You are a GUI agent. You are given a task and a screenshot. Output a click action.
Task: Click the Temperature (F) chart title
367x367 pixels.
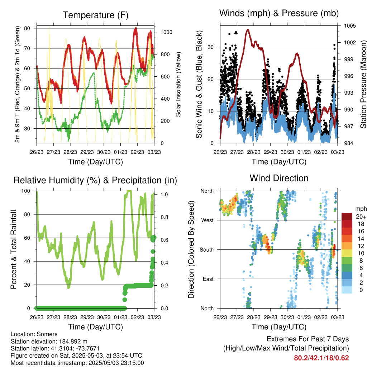tap(95, 15)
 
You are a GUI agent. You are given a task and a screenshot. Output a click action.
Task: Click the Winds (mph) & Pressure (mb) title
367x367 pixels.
tap(279, 13)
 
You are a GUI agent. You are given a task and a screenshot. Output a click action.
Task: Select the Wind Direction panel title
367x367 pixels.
tap(279, 178)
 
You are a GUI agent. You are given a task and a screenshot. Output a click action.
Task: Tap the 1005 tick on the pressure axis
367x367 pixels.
tap(350, 26)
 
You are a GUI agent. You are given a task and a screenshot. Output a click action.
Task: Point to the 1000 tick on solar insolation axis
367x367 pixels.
tap(166, 32)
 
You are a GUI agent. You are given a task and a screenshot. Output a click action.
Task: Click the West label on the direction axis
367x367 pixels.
tap(208, 220)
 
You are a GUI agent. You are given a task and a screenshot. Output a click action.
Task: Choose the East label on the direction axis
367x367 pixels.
tap(208, 279)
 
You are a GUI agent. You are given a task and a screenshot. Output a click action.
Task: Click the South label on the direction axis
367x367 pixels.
tap(207, 250)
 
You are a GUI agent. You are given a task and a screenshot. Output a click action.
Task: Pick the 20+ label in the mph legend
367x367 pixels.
tap(361, 216)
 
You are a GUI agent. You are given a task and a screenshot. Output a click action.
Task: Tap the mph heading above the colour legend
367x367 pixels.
tap(361, 209)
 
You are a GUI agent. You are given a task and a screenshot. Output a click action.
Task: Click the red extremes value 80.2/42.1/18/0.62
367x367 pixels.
tap(321, 358)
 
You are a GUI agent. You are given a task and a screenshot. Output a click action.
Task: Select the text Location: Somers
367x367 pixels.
tap(34, 334)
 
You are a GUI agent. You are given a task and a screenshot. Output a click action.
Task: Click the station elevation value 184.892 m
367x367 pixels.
tap(73, 341)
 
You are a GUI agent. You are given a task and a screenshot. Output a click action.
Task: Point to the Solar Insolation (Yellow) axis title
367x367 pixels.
tap(178, 84)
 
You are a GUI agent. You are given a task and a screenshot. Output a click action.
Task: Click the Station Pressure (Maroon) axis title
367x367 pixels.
tap(363, 84)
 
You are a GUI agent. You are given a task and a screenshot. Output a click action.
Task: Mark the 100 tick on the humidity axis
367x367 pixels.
tap(26, 191)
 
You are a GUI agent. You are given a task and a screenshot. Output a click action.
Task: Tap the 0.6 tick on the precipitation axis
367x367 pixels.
tap(164, 240)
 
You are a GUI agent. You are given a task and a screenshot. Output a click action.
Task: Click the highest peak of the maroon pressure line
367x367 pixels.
tap(248, 29)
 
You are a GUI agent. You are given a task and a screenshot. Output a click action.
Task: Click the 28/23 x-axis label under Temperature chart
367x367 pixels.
tap(70, 152)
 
